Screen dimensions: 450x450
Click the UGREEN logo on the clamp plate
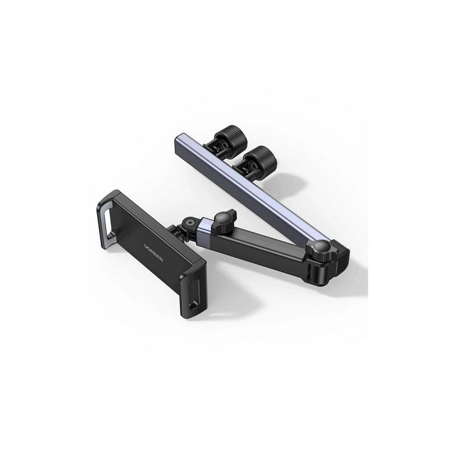pos(153,252)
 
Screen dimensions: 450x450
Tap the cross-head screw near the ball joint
pos(188,222)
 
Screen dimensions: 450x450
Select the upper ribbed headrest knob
pos(231,136)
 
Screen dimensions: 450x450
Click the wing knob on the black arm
pos(224,221)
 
